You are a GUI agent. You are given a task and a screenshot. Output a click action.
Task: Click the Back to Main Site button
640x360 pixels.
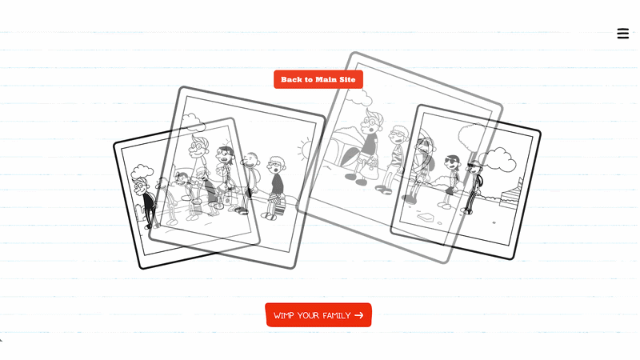click(318, 79)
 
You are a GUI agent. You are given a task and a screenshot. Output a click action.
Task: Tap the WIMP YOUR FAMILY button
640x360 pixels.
click(318, 315)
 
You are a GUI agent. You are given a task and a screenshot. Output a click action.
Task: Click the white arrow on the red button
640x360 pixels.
click(358, 315)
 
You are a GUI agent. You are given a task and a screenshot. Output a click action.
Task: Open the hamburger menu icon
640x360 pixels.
click(623, 34)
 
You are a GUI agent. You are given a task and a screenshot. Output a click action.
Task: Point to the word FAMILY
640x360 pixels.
click(337, 315)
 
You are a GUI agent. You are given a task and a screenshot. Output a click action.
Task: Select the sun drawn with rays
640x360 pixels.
click(306, 149)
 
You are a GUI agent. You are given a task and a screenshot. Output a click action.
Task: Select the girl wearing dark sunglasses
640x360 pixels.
click(451, 179)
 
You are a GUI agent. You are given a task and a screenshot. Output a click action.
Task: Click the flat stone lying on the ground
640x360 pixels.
click(425, 217)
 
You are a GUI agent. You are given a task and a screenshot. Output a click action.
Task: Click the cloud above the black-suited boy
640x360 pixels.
click(142, 171)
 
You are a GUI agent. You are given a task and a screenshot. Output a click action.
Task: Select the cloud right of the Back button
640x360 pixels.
click(359, 97)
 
